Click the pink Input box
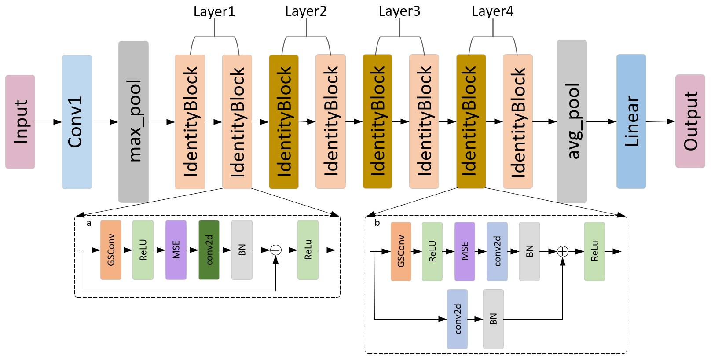tap(20, 121)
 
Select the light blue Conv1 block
tap(77, 122)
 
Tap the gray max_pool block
tap(133, 121)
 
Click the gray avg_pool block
tap(572, 121)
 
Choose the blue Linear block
tap(631, 121)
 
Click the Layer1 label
tap(214, 11)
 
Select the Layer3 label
tap(399, 11)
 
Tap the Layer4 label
tap(493, 11)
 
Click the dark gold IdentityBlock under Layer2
tap(284, 121)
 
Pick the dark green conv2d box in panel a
tap(209, 250)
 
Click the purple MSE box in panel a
tap(176, 250)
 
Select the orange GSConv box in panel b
tap(401, 251)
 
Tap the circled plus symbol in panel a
tap(275, 250)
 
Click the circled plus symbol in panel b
tap(563, 251)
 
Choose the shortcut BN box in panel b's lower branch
tap(493, 319)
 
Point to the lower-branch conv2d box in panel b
tap(457, 319)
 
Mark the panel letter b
tap(377, 223)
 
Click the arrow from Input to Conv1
tap(48, 121)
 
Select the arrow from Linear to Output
tap(660, 121)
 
